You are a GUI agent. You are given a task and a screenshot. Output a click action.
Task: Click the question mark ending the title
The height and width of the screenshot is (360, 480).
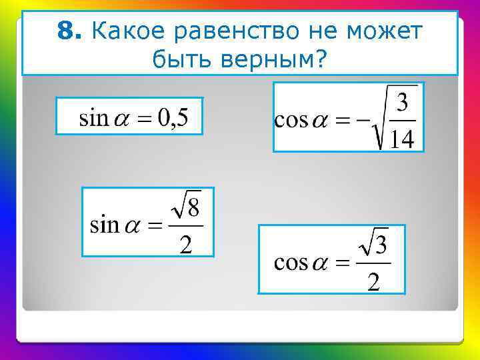(322, 60)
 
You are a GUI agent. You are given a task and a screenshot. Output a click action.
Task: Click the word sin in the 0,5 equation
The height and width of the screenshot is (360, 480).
(93, 119)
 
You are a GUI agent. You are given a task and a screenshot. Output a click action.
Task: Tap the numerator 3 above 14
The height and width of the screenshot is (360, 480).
(402, 103)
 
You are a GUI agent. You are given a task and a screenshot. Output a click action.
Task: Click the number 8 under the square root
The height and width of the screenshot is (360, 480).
(193, 209)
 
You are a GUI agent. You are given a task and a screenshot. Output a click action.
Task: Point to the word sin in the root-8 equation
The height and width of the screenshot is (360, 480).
(103, 225)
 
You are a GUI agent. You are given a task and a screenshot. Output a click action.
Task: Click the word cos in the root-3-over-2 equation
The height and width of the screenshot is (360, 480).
(291, 263)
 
